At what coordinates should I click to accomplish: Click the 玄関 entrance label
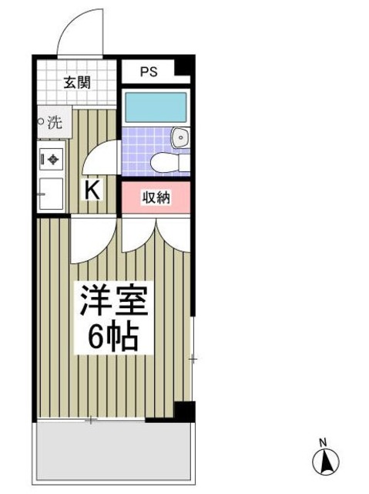coord(77,83)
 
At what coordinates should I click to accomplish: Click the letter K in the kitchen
coord(92,190)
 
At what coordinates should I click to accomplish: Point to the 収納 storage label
coord(155,197)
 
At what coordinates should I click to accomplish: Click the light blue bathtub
coord(155,105)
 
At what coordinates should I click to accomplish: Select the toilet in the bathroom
coord(165,163)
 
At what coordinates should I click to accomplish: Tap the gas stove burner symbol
coord(52,160)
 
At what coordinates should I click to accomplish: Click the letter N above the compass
coord(325,442)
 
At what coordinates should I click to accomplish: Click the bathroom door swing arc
coord(100,158)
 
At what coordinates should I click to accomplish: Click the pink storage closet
coord(155,198)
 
